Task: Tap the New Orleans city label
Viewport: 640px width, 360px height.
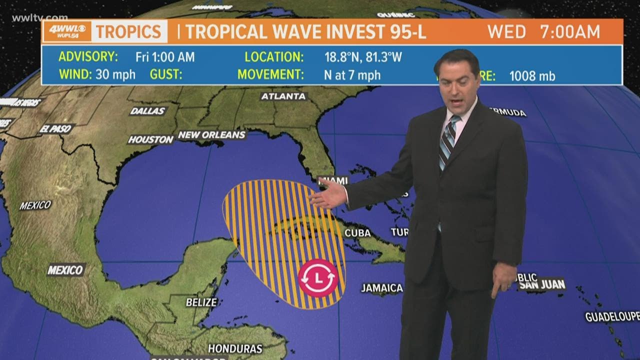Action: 211,135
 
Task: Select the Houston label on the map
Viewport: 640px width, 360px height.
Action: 150,140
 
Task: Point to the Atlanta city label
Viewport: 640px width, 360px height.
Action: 283,96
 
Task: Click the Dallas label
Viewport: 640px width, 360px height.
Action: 147,111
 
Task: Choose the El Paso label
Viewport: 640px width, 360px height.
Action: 56,128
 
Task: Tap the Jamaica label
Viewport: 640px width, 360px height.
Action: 382,288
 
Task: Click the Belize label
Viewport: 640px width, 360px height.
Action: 201,302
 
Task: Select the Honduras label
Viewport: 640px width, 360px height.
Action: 235,348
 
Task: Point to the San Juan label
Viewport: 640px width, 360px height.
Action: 542,285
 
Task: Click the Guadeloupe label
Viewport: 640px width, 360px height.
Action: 612,316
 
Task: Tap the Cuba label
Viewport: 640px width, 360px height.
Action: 357,233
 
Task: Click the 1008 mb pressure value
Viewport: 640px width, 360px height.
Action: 532,76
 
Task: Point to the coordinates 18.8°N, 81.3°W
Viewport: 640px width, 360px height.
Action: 363,57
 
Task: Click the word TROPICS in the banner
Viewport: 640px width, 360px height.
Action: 128,31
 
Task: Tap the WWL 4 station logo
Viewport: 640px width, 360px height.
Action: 67,31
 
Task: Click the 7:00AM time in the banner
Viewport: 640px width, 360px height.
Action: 570,32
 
